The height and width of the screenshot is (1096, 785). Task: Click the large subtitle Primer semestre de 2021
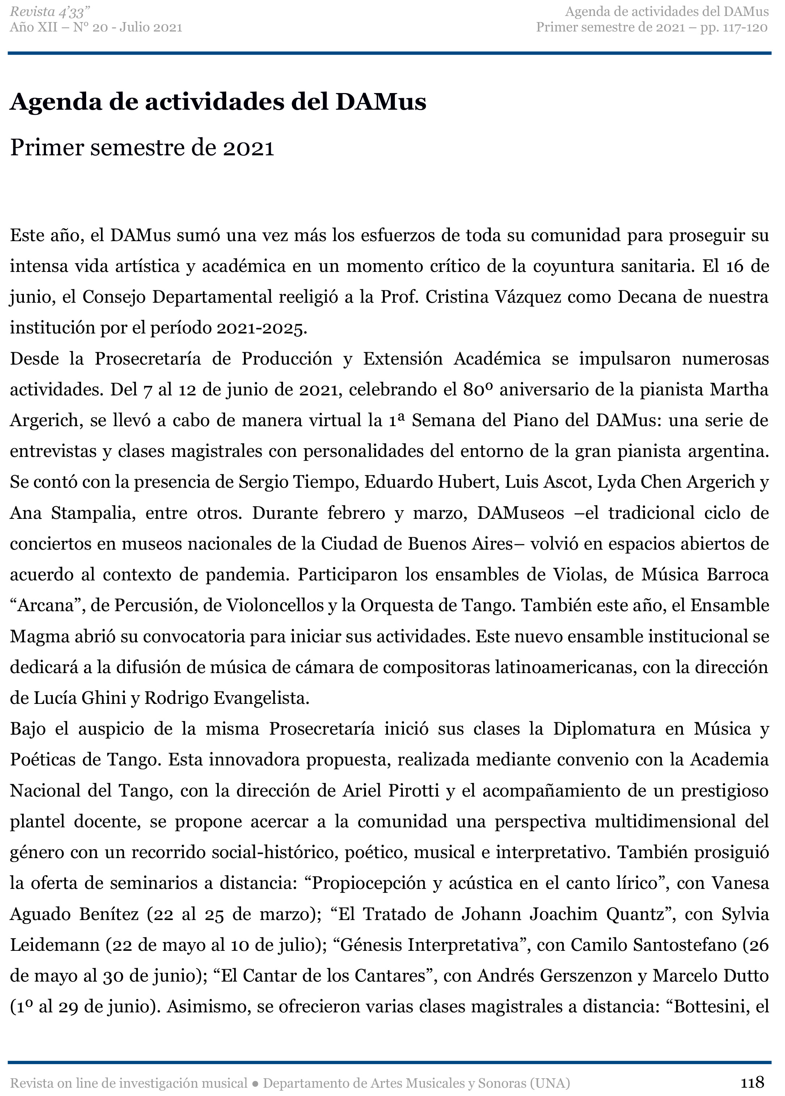(142, 148)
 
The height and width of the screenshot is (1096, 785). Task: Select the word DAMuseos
(520, 513)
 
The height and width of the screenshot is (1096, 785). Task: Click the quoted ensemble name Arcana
(46, 605)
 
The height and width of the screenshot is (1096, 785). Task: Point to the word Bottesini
(708, 1007)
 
